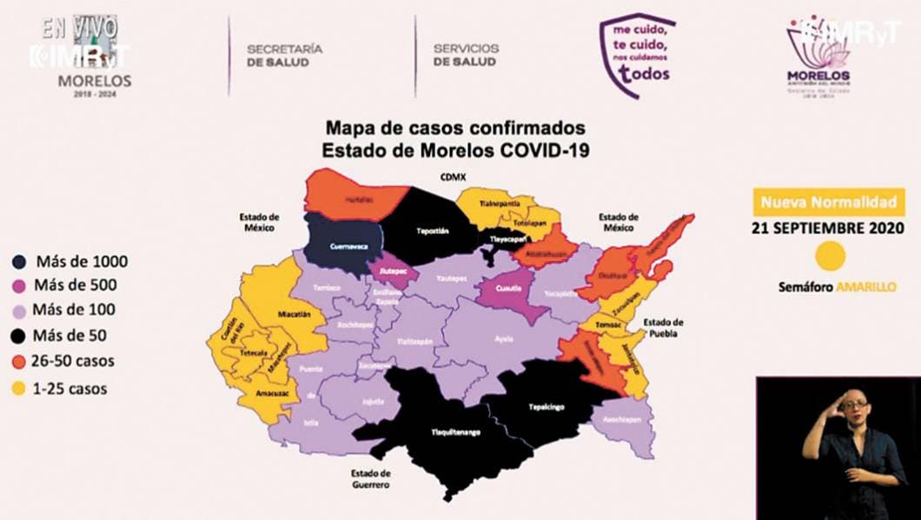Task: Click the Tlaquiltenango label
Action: (x=456, y=432)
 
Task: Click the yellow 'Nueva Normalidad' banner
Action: (x=827, y=203)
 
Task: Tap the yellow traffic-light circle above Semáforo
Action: (x=832, y=257)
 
